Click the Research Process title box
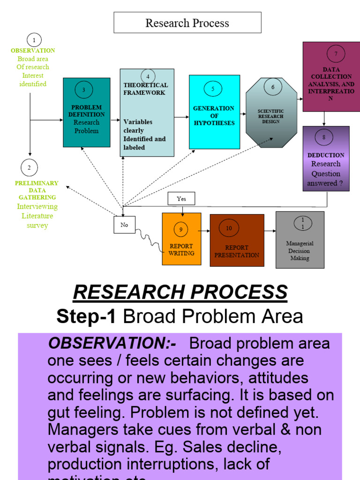187,23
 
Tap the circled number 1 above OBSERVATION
34,40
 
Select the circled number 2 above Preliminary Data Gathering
29,167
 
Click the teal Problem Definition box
86,112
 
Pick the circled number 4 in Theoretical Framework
148,76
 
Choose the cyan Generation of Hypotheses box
214,112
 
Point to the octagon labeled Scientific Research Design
271,113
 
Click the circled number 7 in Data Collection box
336,54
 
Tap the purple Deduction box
326,158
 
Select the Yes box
181,199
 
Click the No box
124,225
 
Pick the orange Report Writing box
181,239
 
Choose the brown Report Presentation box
236,240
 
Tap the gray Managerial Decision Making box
300,240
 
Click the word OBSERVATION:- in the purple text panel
112,344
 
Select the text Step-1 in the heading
86,317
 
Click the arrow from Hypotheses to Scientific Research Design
243,113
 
